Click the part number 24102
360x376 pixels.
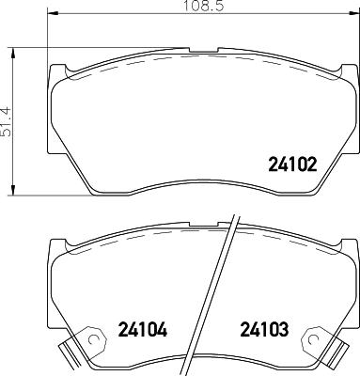292,164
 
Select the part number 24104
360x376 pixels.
143,329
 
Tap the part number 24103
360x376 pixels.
264,329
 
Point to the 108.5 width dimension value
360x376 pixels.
203,6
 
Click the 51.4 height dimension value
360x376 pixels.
7,122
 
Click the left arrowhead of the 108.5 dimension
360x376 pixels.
53,13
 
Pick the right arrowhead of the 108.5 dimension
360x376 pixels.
354,13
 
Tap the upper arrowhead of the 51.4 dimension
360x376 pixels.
12,54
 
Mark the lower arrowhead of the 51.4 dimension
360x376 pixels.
12,190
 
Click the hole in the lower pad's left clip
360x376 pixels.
93,339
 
